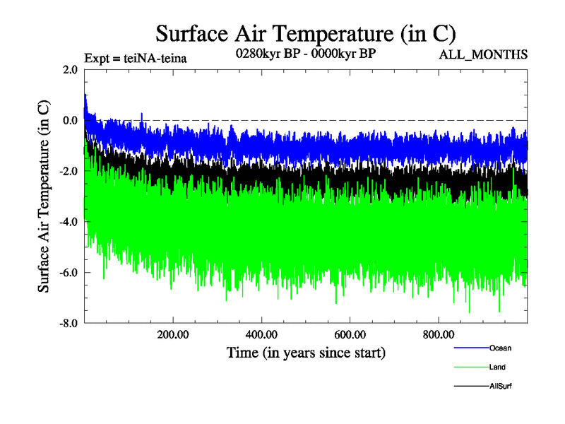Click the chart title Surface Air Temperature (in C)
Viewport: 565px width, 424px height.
(306, 33)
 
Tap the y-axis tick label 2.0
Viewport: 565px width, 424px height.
(70, 69)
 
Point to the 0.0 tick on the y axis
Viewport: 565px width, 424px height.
(70, 120)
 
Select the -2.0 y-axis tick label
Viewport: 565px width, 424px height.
(69, 171)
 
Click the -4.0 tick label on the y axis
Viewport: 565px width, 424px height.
(69, 222)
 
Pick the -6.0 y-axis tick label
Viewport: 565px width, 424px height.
(69, 273)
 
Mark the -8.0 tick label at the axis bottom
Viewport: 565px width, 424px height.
(69, 324)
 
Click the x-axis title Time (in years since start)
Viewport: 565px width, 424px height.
(306, 352)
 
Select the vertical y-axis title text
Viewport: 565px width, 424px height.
(44, 196)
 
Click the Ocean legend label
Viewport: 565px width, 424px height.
(500, 348)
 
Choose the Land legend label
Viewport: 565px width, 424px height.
(497, 367)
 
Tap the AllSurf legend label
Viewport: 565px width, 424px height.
(500, 386)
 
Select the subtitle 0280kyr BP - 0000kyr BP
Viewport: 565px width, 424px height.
(305, 53)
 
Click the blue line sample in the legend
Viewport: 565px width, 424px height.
(470, 348)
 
